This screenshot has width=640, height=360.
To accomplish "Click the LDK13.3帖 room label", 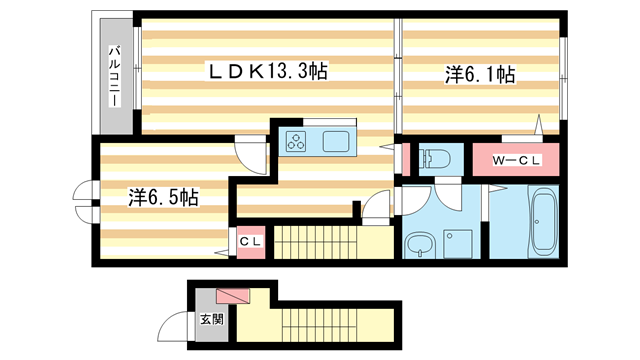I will (268, 72).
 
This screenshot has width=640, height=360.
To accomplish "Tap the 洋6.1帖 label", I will (480, 74).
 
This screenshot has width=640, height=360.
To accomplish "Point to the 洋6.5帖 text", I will (163, 197).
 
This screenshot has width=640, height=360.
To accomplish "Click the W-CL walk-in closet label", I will (520, 160).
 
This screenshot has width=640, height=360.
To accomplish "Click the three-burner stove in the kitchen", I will (298, 142).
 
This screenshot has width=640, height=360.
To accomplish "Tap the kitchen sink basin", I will (336, 142).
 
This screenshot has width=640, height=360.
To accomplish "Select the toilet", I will (434, 158).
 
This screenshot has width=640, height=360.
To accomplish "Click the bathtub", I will (546, 221).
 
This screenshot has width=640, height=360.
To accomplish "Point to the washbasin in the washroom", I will (418, 244).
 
